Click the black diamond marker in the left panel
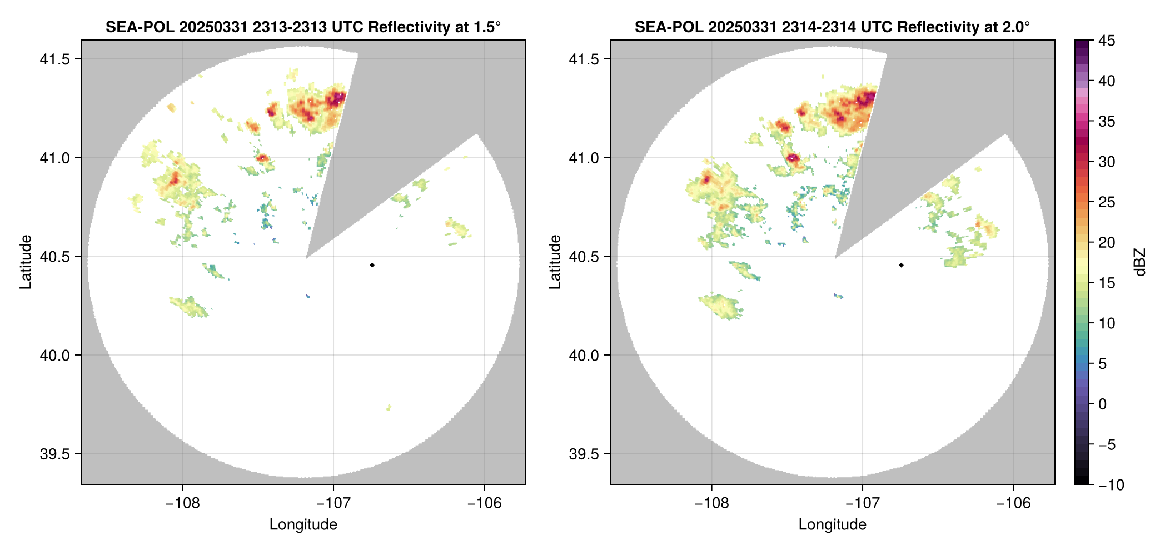(372, 265)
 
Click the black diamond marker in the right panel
(901, 265)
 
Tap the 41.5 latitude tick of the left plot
(54, 59)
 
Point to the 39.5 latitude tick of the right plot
(584, 454)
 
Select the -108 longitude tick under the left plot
(182, 503)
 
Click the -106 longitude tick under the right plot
(1013, 503)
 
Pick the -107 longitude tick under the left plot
(333, 503)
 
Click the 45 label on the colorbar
(1107, 41)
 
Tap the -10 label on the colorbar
(1111, 485)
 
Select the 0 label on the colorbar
(1103, 404)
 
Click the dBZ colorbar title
(1140, 262)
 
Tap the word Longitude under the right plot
(832, 524)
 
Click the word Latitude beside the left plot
(26, 262)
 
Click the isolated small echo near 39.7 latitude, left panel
(389, 408)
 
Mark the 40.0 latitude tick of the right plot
(584, 355)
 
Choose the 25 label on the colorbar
(1107, 202)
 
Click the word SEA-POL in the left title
(140, 27)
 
